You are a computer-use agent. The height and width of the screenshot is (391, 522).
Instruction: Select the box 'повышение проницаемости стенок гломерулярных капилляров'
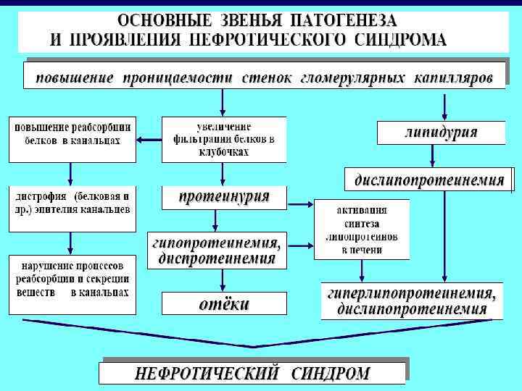(x=264, y=76)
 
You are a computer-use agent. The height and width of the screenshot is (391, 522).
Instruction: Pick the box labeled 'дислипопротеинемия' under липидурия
(x=428, y=179)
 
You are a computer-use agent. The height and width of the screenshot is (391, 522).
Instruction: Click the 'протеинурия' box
(x=224, y=196)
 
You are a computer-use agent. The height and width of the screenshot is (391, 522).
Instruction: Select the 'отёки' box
(x=224, y=304)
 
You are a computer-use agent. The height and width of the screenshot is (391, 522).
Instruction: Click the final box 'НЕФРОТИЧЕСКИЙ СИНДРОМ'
(x=252, y=374)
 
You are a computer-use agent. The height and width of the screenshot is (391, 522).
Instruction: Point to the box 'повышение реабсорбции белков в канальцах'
(x=72, y=138)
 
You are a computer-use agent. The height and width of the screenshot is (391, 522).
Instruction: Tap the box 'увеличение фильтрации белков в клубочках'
(x=223, y=138)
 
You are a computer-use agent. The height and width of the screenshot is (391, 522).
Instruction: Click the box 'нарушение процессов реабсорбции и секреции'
(x=72, y=279)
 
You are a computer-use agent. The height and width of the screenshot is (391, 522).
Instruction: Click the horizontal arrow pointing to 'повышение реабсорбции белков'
(x=149, y=139)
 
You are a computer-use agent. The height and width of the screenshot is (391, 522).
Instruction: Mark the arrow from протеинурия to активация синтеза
(x=301, y=203)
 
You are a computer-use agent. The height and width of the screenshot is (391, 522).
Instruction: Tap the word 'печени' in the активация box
(x=362, y=250)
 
